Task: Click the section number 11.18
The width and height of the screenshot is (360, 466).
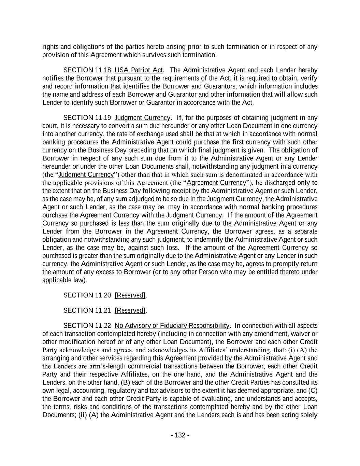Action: tap(103, 70)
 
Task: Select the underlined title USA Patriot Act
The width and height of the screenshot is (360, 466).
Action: tap(139, 70)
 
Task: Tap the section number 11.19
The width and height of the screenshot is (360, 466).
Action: tap(103, 118)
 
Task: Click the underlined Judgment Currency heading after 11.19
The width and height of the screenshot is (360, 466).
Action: tap(142, 118)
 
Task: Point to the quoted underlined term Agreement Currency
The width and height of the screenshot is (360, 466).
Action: tap(216, 183)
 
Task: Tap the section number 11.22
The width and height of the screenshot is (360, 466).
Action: tap(103, 325)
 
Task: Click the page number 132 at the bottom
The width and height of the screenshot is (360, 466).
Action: tap(180, 435)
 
